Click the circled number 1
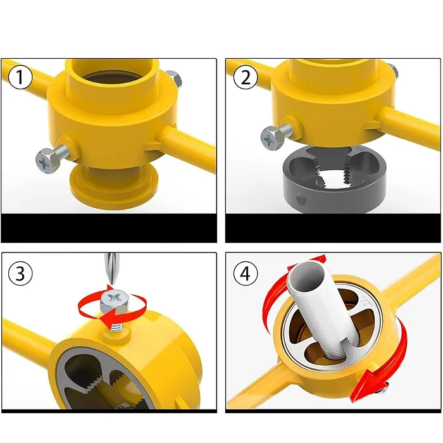coord(20,77)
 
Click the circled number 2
coord(246,77)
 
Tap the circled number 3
coord(20,273)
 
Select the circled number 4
coord(246,273)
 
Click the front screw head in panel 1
coord(47,161)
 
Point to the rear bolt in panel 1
coord(174,78)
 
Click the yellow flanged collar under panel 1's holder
coord(114,187)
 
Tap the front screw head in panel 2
coord(271,139)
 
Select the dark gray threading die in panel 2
coord(334,179)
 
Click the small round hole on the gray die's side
coord(301,199)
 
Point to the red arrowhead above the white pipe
coord(317,261)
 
